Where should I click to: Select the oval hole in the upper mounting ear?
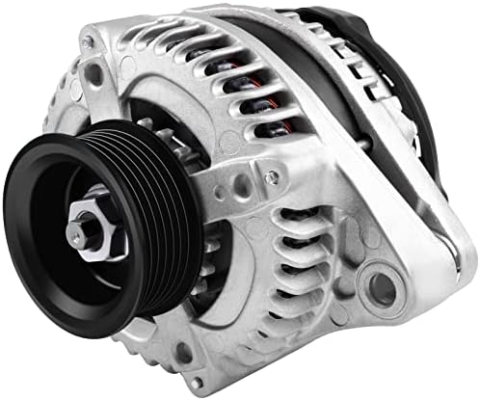(x=93, y=73)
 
